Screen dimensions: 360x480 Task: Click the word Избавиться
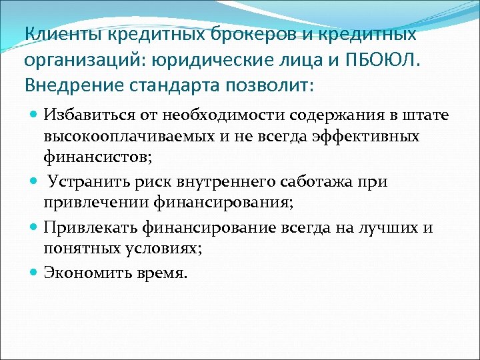click(83, 116)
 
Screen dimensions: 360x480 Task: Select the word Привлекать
click(85, 228)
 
